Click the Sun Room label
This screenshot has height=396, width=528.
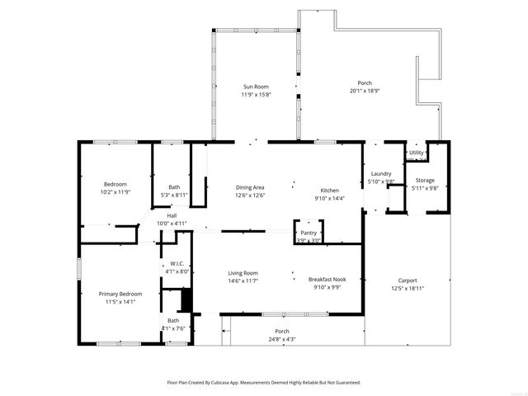tap(256, 87)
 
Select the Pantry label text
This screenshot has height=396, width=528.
tap(309, 233)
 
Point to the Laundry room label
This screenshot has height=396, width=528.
tap(381, 173)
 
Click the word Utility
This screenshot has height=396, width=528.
tap(416, 153)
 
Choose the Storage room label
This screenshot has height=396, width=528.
tap(424, 180)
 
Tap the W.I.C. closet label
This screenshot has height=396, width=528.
tap(177, 264)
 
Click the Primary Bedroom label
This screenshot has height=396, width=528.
tap(120, 295)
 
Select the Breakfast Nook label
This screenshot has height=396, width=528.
tap(327, 280)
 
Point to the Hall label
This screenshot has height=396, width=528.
tap(172, 216)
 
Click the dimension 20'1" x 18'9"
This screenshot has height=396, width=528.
tap(364, 91)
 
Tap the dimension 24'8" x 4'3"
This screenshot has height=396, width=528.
tap(280, 339)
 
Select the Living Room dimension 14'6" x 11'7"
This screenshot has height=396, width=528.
tap(243, 281)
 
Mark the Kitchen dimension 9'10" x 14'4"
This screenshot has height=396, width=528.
tap(329, 198)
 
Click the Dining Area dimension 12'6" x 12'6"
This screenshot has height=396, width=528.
tap(250, 196)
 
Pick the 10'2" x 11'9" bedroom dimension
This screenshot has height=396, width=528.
tap(115, 191)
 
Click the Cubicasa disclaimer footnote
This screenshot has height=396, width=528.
tap(264, 383)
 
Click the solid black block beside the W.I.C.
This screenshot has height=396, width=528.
tap(186, 300)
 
